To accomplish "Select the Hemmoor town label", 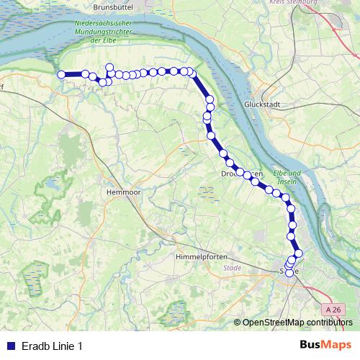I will [x=122, y=193].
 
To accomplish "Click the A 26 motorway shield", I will [x=331, y=309].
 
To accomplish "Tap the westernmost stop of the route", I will [x=61, y=73].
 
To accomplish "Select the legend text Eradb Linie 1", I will [x=52, y=346].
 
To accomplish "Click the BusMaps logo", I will [x=325, y=345].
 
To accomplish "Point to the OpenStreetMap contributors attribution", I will [x=297, y=322].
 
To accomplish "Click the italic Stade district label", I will [x=233, y=268].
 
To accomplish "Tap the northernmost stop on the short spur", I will [x=109, y=67].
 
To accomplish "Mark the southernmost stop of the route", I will [x=289, y=273].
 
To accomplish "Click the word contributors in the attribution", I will [x=329, y=322].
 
